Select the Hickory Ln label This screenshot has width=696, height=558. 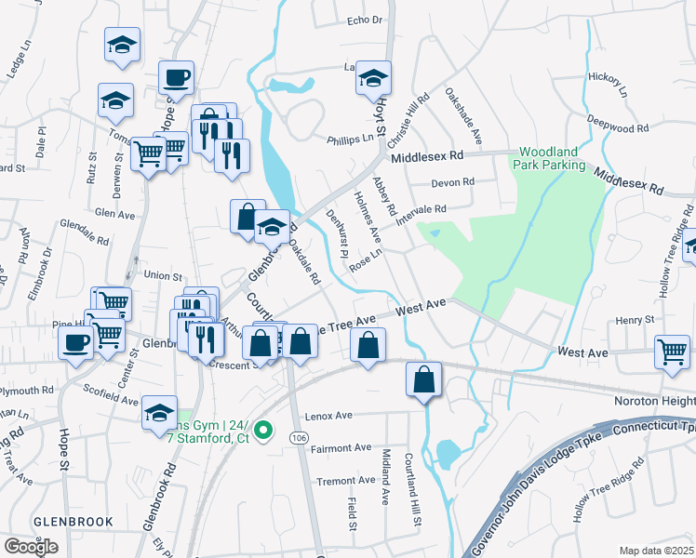(610, 86)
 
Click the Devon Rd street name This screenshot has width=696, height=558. (451, 182)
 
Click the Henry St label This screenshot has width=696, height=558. (636, 321)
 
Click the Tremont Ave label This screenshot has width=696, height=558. (345, 482)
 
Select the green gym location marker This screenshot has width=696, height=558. (263, 431)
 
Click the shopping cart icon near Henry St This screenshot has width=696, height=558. (673, 351)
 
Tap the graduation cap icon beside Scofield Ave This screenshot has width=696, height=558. (160, 410)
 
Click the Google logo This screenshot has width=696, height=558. (31, 547)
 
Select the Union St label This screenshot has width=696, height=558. (163, 275)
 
